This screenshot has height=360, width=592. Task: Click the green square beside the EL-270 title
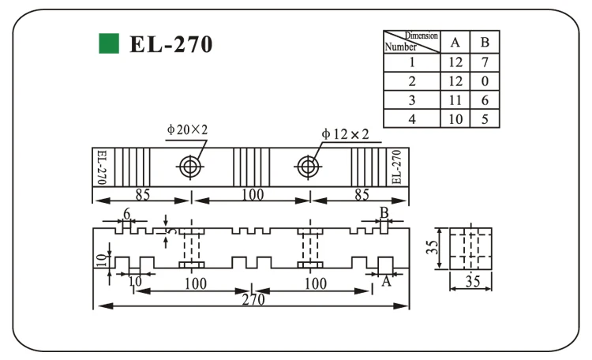(109, 43)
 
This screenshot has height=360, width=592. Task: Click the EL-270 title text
(171, 44)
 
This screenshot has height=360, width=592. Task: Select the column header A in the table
(455, 43)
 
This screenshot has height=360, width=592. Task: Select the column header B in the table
(485, 43)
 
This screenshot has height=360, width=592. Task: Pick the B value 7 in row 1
(485, 62)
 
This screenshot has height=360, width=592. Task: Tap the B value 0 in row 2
(485, 81)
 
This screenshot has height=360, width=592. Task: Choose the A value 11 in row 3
(455, 100)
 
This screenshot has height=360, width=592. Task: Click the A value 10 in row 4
(455, 119)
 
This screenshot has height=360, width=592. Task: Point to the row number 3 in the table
(412, 100)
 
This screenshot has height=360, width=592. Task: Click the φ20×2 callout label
(187, 129)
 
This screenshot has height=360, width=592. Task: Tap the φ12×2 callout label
(345, 133)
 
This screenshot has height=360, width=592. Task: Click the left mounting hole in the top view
(190, 167)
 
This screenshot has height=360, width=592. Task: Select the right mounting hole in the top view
(308, 167)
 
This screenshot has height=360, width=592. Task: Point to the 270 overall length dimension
(253, 300)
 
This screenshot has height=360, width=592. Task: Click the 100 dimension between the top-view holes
(253, 194)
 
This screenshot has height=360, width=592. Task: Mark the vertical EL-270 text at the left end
(102, 167)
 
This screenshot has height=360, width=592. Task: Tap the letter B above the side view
(384, 213)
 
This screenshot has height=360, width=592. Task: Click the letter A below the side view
(386, 281)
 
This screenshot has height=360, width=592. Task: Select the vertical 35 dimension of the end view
(432, 246)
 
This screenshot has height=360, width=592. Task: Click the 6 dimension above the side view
(127, 214)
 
